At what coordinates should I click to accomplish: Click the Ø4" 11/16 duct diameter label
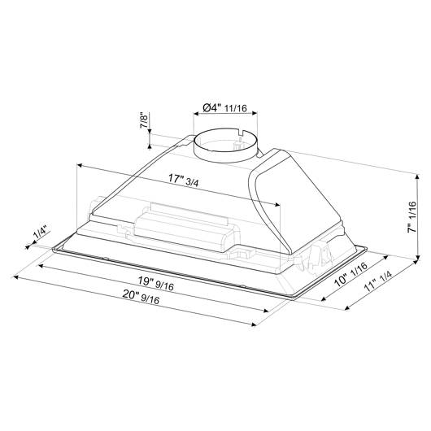click(x=224, y=108)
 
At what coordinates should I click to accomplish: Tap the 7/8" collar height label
click(x=144, y=120)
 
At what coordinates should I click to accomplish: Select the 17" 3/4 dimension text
click(x=183, y=180)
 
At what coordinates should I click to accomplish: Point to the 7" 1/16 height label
click(x=411, y=217)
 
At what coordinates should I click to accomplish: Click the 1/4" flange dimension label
click(x=41, y=232)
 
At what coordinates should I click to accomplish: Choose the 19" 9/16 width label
click(x=156, y=283)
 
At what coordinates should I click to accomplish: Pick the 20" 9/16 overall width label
click(x=141, y=297)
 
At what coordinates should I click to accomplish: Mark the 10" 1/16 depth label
click(x=350, y=275)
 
